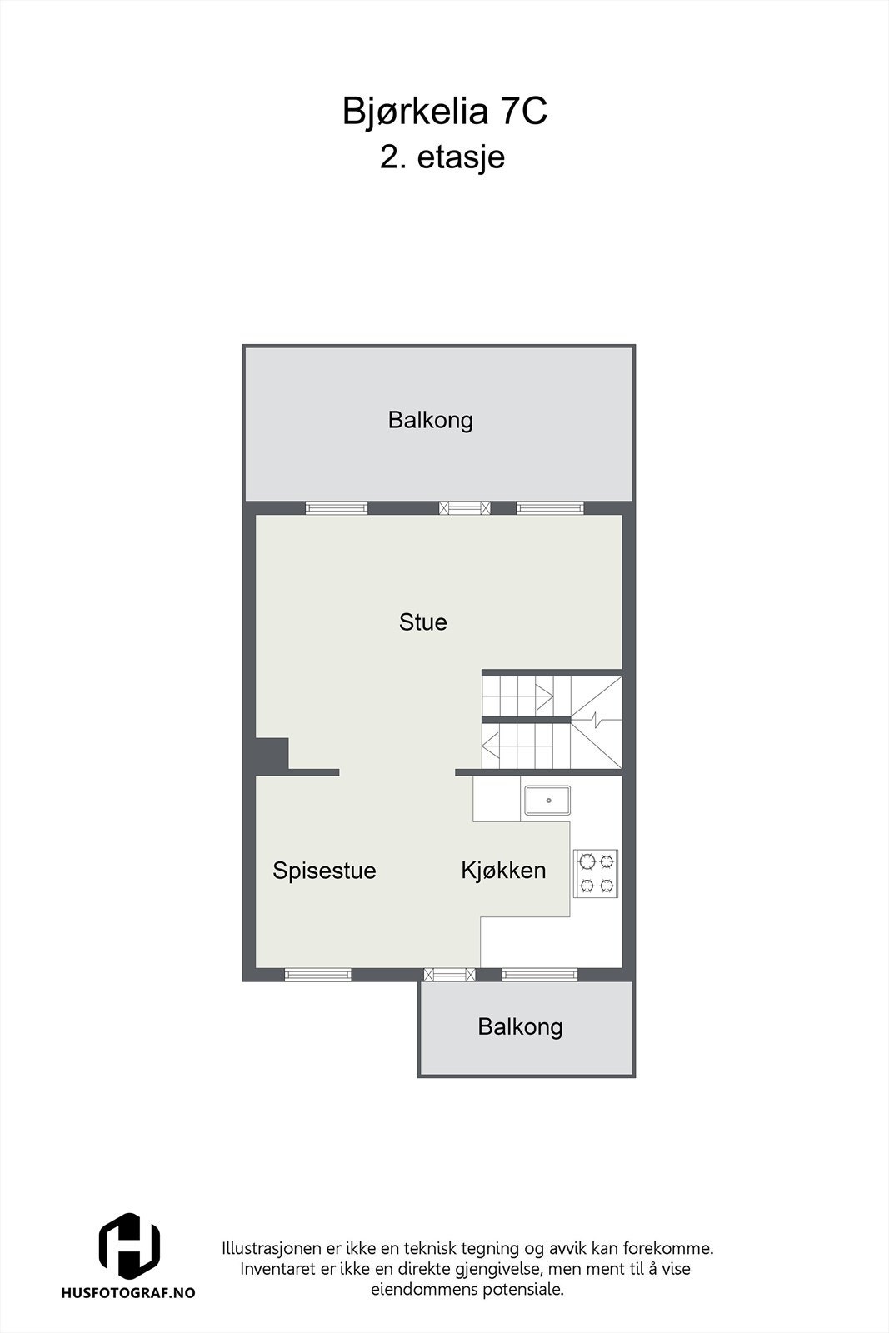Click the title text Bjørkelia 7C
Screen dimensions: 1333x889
coord(444,112)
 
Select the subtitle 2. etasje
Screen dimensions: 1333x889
coord(442,157)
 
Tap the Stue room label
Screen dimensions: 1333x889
coord(422,622)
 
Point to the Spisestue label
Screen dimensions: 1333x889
coord(324,871)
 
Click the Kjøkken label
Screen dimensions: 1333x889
coord(503,871)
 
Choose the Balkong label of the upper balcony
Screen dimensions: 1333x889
coord(430,420)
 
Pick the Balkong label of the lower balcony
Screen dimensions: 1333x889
coord(520,1026)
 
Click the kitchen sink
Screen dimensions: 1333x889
coord(547,801)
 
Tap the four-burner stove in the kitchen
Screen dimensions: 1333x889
coord(596,873)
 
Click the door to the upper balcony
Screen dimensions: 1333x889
coord(465,507)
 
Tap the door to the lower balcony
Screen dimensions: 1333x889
coord(449,974)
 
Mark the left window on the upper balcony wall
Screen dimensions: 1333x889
coord(336,507)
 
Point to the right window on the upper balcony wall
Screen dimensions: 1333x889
coord(549,507)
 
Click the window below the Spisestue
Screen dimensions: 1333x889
coord(317,974)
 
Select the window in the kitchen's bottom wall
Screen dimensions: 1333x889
coord(539,974)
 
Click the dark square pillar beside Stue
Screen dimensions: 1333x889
coord(272,754)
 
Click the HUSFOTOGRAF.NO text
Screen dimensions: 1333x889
coord(128,1292)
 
